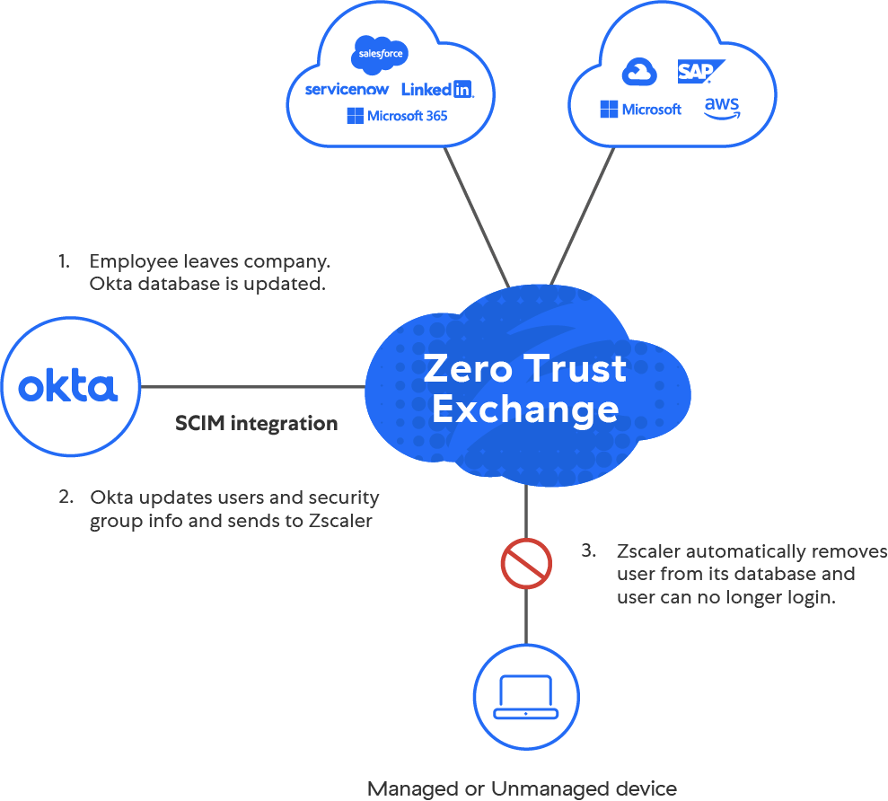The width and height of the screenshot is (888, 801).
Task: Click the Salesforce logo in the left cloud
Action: tap(381, 54)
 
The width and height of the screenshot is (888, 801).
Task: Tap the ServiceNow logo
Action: tap(347, 89)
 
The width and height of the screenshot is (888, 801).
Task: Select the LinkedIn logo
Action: tap(436, 89)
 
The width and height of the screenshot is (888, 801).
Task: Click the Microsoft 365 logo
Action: tap(397, 116)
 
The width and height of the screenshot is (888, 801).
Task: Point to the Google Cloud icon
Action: tap(640, 73)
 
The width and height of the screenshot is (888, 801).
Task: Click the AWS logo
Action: tap(721, 109)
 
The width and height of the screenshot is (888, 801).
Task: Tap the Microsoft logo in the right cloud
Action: tap(640, 110)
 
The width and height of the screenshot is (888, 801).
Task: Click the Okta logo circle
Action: tap(70, 388)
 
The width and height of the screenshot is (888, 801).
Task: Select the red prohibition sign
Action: tap(525, 563)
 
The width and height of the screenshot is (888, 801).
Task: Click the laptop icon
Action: tap(525, 697)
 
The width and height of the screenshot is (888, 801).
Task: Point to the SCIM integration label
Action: tap(257, 424)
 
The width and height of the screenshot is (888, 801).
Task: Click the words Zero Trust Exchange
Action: tap(525, 389)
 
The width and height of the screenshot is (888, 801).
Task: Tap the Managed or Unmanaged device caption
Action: tap(522, 789)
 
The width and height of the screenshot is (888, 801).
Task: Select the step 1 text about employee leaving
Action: tap(209, 273)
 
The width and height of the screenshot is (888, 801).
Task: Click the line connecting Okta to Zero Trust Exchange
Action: tap(251, 388)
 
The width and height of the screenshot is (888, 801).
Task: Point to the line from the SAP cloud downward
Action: tap(584, 216)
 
